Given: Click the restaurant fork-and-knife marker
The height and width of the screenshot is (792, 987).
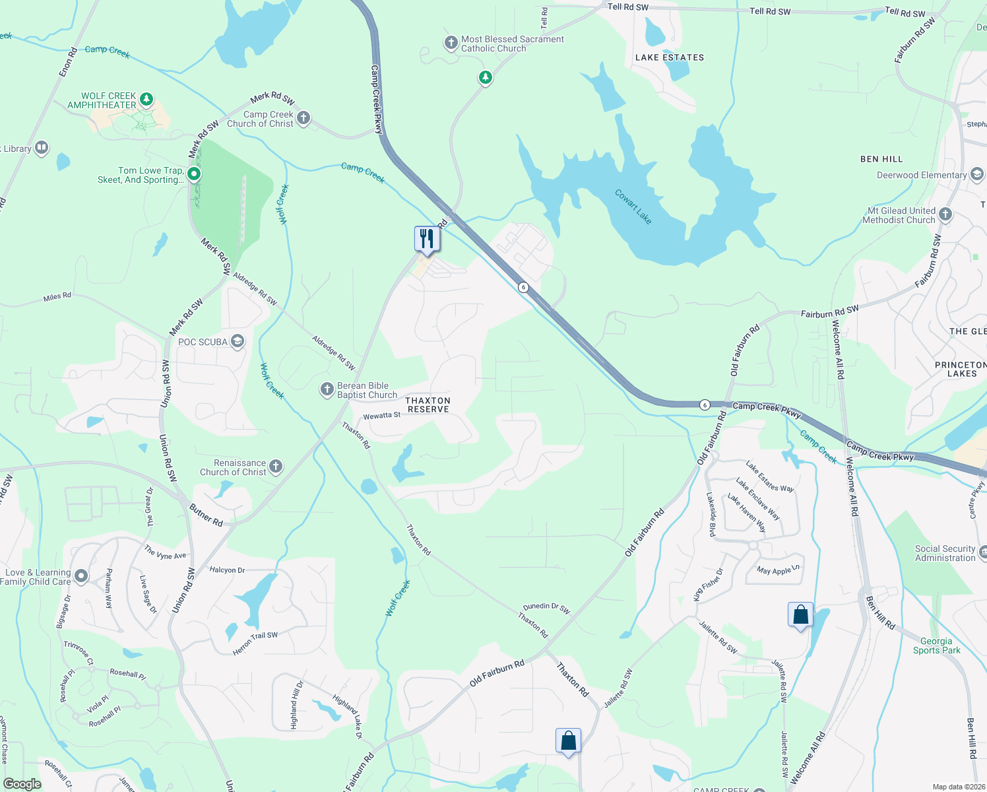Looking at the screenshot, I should point(427,239).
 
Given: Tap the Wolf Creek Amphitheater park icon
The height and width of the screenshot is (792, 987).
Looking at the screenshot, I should point(146,100).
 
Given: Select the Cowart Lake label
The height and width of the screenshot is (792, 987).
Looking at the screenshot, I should point(633,207).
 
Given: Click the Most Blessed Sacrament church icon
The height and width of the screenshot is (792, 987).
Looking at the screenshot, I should point(451,44).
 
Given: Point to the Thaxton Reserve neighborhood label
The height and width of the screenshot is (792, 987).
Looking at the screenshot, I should point(428,405).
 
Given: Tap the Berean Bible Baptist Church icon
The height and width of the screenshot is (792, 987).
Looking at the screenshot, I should point(327,389).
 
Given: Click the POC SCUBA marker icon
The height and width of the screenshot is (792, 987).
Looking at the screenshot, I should point(238,341).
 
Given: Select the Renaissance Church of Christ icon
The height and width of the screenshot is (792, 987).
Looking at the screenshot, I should point(276,467).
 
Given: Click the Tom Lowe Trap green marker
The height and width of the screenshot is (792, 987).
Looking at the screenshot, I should point(194,174).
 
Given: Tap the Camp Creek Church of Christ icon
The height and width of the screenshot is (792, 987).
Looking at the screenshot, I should point(303,118).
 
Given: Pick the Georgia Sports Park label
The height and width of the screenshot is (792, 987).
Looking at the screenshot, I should point(936,645).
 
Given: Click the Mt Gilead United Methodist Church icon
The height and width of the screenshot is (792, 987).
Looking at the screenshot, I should point(945,214).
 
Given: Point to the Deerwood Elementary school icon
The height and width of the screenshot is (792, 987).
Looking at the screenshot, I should point(977,174).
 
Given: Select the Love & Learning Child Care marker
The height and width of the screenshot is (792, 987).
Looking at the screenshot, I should point(81,576).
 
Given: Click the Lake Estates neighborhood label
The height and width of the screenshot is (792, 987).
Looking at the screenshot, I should point(670,57).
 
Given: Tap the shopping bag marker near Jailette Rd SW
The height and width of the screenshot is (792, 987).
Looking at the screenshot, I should point(800,615).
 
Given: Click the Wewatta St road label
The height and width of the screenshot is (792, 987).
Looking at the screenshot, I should point(382,416).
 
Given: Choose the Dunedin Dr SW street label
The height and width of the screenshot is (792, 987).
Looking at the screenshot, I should point(546,608).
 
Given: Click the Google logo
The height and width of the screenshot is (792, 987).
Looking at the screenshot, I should point(22,784).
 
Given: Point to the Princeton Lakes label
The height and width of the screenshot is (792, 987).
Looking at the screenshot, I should point(961,369).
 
